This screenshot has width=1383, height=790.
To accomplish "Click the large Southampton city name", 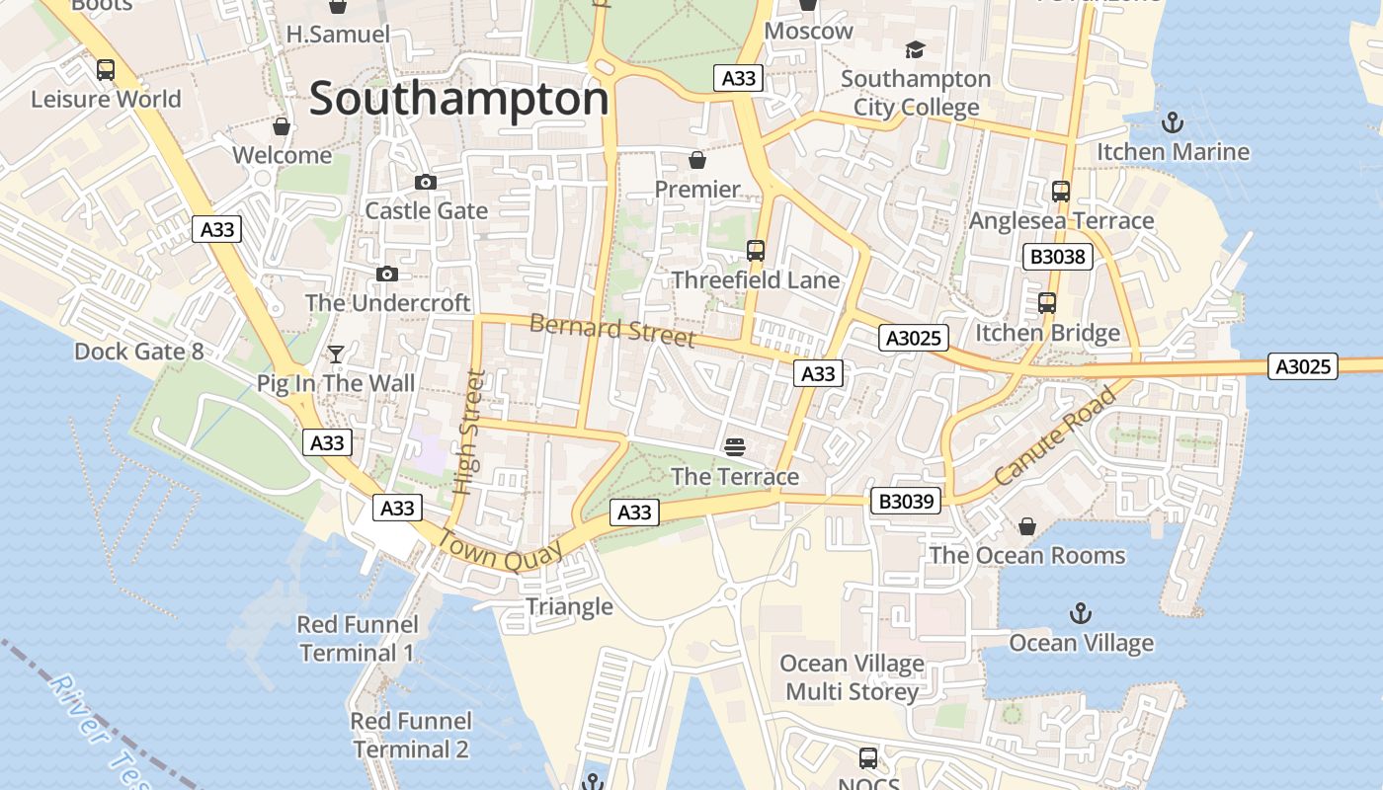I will click(459, 100).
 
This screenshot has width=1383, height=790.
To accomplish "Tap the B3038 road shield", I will click(1057, 258).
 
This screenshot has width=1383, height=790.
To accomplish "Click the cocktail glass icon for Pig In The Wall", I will click(336, 354).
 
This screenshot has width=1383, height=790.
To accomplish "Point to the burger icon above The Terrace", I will click(734, 447).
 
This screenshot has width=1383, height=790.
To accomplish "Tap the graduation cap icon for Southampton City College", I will click(915, 49).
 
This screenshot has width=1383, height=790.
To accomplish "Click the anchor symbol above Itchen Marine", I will click(1172, 122).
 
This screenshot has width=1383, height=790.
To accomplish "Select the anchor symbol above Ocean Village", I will click(1081, 614).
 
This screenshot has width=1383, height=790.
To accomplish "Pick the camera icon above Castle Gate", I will click(426, 182).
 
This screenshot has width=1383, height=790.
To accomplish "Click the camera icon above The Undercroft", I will click(387, 274).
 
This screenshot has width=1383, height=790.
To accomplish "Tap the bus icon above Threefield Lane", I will click(756, 251).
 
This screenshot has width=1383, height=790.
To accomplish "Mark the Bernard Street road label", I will click(612, 330).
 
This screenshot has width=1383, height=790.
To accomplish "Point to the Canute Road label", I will click(1054, 435).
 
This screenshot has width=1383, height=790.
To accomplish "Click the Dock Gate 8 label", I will click(138, 352).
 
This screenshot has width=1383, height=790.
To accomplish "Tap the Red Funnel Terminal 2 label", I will click(411, 735).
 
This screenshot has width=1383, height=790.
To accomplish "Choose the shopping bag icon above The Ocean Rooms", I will click(1027, 526).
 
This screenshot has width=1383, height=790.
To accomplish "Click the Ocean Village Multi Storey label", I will click(852, 677).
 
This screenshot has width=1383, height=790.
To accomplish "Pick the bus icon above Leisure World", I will click(106, 70).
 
